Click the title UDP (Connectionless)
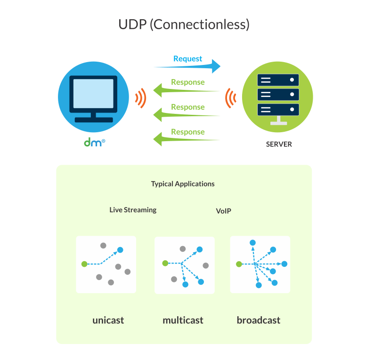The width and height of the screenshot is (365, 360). [184, 24]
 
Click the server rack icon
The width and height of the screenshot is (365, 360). [278, 96]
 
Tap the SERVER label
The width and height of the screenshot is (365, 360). [279, 144]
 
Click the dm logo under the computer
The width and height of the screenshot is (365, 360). [94, 142]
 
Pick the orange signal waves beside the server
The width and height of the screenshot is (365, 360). [230, 98]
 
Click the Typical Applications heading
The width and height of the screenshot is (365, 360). [183, 184]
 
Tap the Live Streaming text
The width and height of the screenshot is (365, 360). [133, 210]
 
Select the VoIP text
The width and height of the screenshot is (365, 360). [223, 211]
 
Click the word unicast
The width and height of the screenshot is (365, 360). [108, 320]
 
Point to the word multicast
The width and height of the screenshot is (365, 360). [183, 320]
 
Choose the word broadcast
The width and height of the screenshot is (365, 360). [259, 320]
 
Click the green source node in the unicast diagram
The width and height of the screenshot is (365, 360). [84, 264]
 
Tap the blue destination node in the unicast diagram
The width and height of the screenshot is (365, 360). [120, 250]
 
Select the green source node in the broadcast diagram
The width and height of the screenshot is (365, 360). [239, 264]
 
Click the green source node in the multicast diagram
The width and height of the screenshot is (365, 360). [165, 263]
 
